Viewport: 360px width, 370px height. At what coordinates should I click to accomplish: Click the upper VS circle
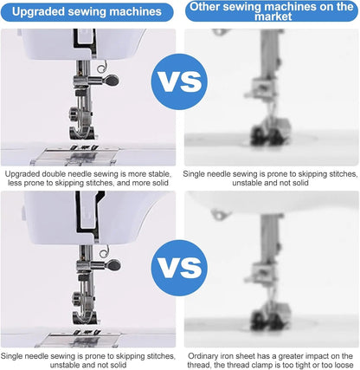tap(179, 81)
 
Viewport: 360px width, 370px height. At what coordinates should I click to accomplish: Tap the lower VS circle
tap(179, 268)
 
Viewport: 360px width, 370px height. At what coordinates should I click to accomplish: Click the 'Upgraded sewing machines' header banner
tap(87, 12)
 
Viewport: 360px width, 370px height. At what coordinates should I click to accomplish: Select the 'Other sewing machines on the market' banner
tap(272, 11)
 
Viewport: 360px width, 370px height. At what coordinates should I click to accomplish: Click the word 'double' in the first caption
tap(56, 174)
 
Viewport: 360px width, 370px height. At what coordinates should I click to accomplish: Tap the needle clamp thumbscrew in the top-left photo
tap(112, 80)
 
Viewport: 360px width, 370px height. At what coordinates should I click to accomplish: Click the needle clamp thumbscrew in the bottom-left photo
tap(113, 264)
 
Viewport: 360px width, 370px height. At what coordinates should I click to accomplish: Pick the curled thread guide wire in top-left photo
tap(102, 68)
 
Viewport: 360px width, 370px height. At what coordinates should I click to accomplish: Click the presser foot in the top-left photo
tap(81, 133)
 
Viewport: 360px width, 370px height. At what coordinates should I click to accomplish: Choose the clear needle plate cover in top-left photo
tap(74, 157)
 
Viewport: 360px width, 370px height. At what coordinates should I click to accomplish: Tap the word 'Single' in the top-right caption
tap(193, 174)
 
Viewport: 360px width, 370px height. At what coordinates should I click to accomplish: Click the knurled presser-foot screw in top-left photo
tap(74, 113)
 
